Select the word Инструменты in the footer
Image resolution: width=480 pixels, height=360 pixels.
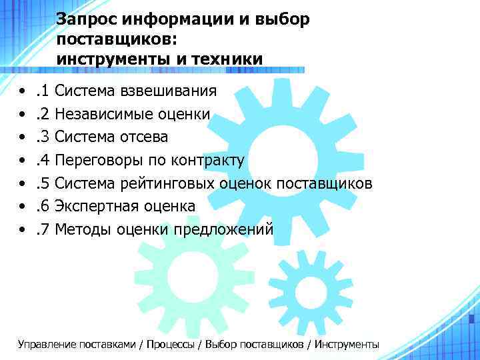coord(347,345)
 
